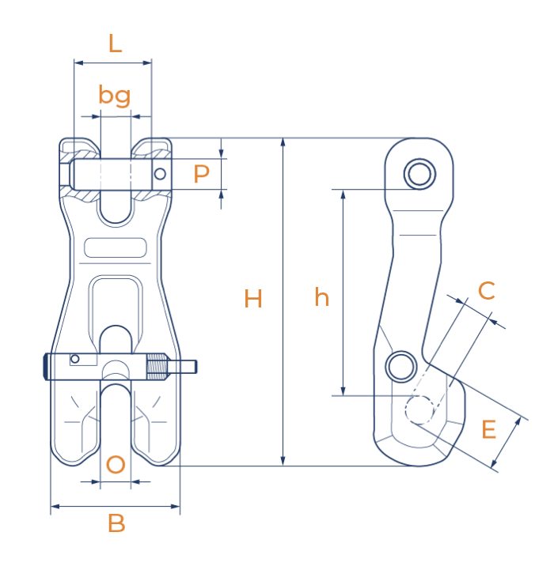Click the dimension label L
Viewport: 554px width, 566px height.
[x=116, y=43]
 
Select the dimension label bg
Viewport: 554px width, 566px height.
[x=115, y=96]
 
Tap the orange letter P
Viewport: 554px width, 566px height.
[x=202, y=174]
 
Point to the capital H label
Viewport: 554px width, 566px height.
[x=253, y=299]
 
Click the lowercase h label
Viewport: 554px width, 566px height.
[x=321, y=298]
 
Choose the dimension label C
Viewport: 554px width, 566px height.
[x=486, y=290]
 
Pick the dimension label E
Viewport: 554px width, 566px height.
[x=489, y=430]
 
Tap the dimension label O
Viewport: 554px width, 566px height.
[x=116, y=465]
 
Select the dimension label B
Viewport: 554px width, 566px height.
[x=116, y=523]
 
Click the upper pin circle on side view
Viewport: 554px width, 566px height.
[x=419, y=173]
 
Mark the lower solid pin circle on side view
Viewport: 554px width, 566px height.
[x=401, y=364]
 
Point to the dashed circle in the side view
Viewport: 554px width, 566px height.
[x=419, y=409]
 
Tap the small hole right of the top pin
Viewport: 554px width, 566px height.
[x=161, y=173]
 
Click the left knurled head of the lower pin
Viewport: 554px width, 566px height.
[x=47, y=366]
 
